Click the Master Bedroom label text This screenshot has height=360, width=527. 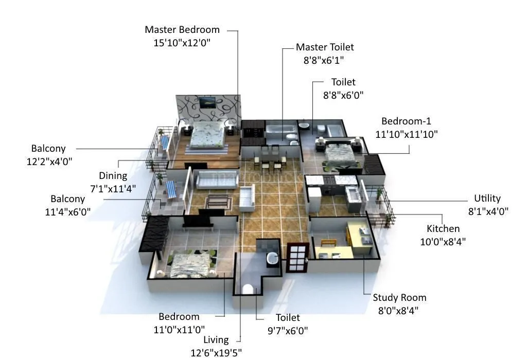(182, 30)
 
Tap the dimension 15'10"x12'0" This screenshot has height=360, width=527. (182, 43)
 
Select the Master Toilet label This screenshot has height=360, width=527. (325, 47)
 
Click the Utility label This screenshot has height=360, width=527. (487, 199)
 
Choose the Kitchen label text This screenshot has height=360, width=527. (443, 229)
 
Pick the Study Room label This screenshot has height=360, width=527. (399, 298)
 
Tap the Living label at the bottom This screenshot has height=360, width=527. (216, 340)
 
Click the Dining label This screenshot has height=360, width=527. (113, 176)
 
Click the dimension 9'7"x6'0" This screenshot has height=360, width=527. (287, 331)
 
